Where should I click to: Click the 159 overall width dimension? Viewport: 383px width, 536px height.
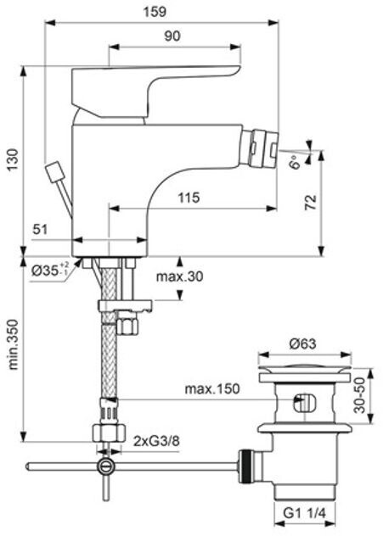[155, 12]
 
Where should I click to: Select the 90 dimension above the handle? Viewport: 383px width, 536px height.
[172, 36]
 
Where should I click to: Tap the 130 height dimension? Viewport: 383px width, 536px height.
[13, 159]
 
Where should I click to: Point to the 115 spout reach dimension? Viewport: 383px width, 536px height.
[189, 198]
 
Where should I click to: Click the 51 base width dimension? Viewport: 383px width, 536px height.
[40, 229]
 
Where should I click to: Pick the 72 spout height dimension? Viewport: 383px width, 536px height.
[311, 203]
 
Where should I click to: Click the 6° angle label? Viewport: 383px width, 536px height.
[295, 161]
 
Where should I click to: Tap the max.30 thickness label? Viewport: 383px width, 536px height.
[179, 276]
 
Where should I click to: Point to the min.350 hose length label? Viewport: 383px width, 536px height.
[13, 344]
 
